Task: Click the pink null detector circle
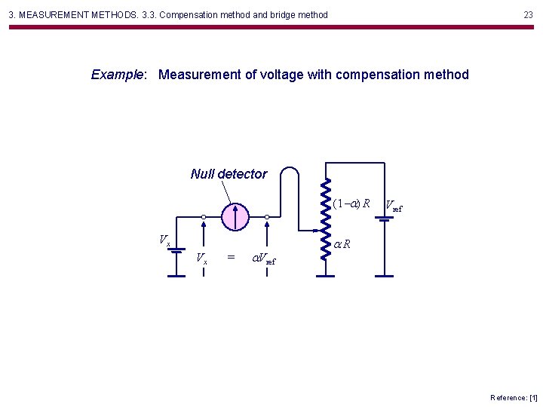point(235,216)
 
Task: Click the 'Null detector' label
point(229,174)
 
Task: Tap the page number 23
point(528,14)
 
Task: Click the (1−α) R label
point(351,203)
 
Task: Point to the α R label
point(342,244)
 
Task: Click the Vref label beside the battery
point(394,205)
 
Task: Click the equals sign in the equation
point(231,258)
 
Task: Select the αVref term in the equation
point(263,259)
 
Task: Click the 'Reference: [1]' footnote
point(514,397)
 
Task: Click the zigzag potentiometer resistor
point(325,219)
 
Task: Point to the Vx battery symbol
point(176,250)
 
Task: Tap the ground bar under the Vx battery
point(176,276)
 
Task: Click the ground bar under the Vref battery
point(385,276)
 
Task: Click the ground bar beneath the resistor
point(325,276)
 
